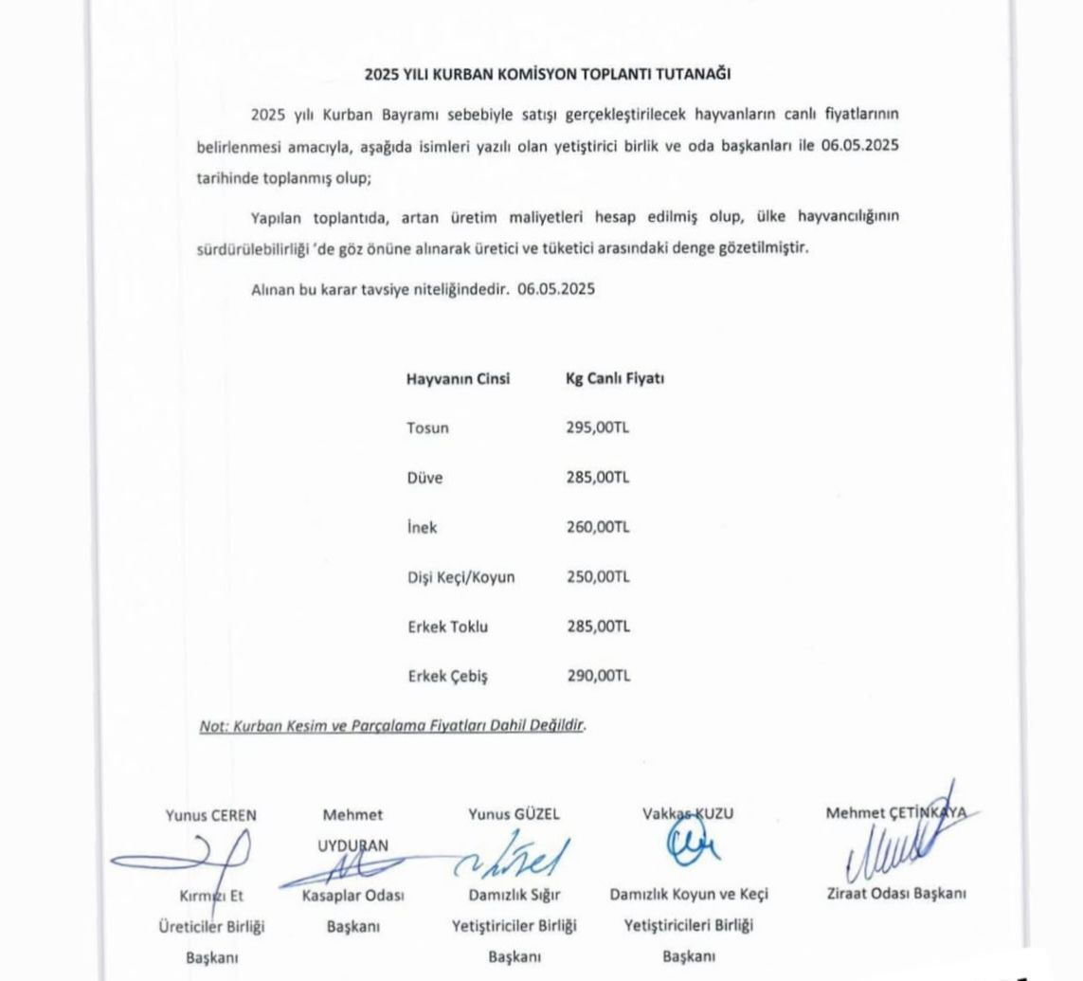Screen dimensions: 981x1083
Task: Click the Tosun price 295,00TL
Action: tap(597, 427)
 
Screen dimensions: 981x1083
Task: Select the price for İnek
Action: tap(597, 527)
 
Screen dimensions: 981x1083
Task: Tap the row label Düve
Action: tap(424, 478)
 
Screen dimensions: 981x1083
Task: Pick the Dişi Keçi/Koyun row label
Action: tap(460, 576)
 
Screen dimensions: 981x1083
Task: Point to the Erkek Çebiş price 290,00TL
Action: tap(597, 676)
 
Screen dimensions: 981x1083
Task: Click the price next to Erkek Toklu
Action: tap(597, 627)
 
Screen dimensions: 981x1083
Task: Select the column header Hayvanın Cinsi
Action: tap(458, 378)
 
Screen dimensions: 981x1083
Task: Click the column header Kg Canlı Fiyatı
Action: tap(614, 378)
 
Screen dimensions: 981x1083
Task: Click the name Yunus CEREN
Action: tap(210, 813)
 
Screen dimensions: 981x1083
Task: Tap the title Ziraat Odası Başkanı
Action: tap(895, 893)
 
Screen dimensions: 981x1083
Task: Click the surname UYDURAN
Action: tap(353, 844)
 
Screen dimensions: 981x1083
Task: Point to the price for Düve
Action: tap(597, 478)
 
